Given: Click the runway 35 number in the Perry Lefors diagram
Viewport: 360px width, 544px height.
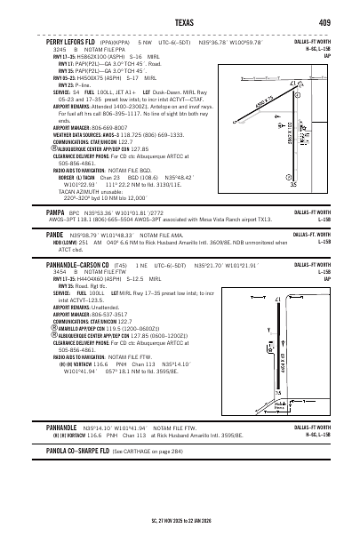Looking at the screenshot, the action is click(x=317, y=184).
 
